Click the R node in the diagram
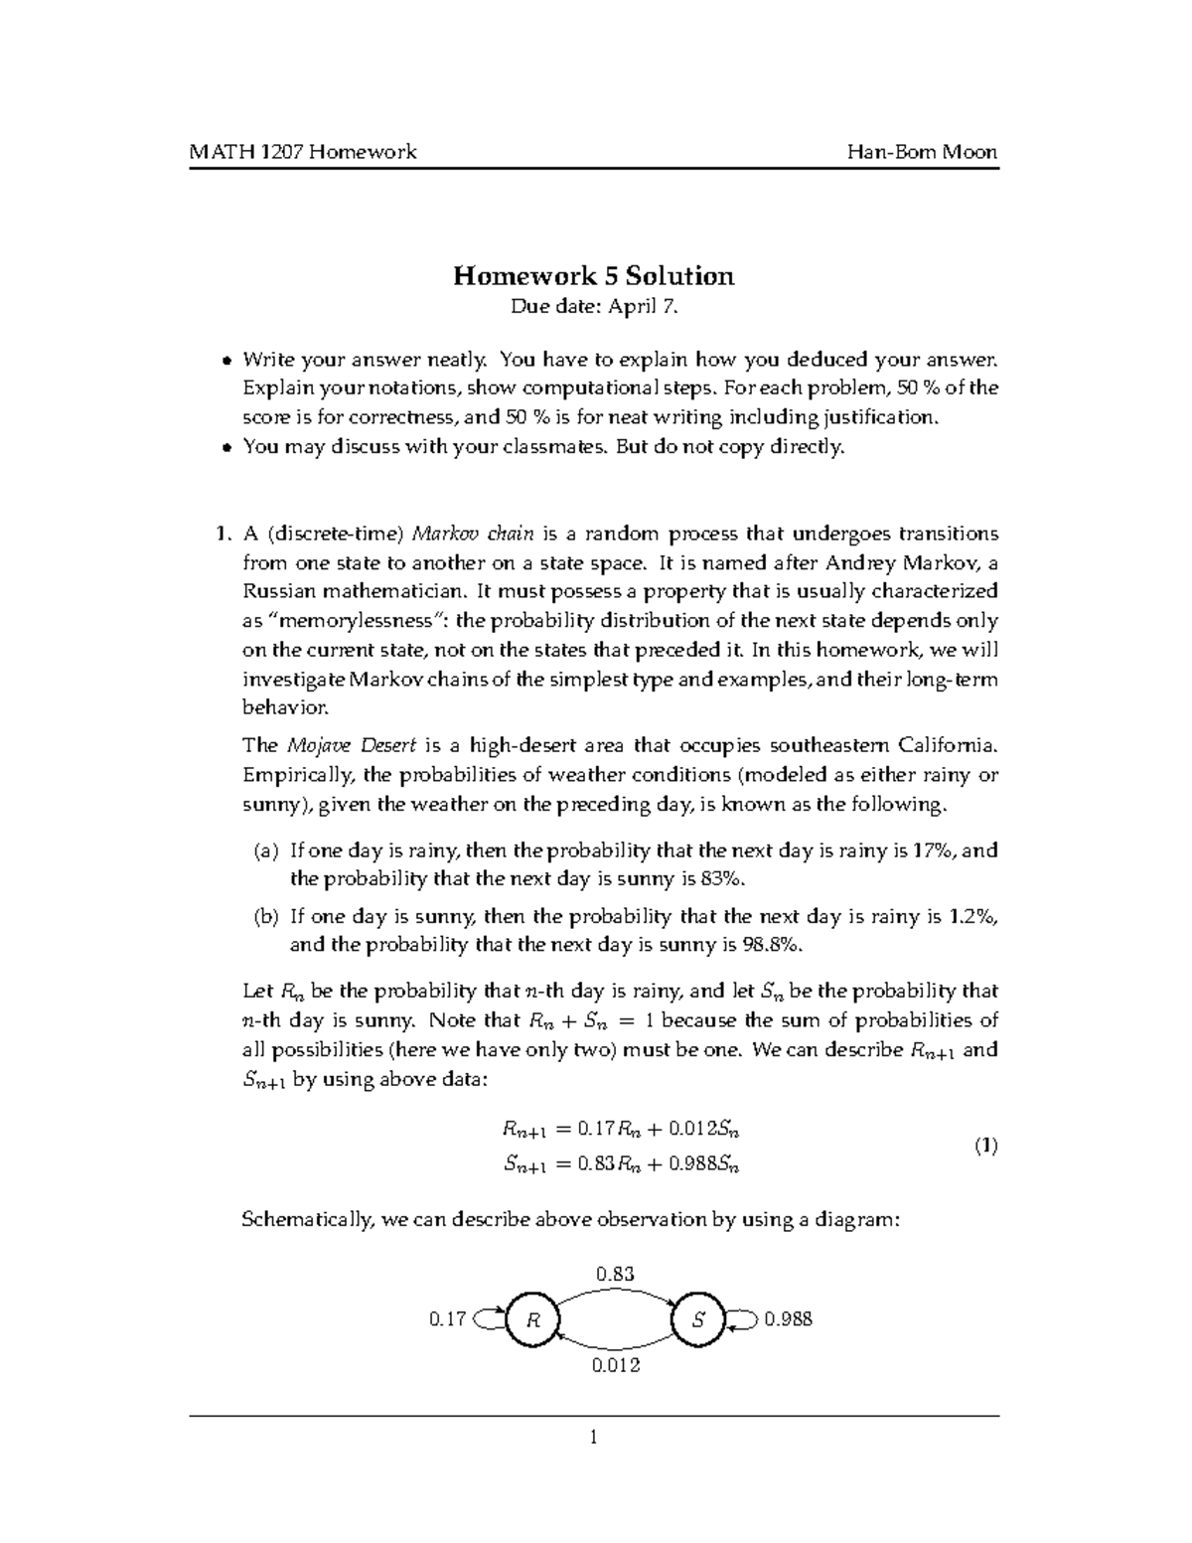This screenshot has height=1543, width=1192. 532,1320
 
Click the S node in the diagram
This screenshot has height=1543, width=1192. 699,1320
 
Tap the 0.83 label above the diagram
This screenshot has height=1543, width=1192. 615,1274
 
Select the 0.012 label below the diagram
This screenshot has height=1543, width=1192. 616,1365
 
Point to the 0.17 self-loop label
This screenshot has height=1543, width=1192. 447,1320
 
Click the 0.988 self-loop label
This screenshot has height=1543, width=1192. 788,1320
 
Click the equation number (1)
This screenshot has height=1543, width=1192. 984,1146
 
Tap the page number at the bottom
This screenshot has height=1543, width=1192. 594,1437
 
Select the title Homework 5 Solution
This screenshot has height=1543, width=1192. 594,275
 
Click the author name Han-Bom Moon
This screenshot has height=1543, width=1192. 922,152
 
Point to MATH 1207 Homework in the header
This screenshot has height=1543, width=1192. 303,152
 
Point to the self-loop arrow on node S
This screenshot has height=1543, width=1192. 743,1319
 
